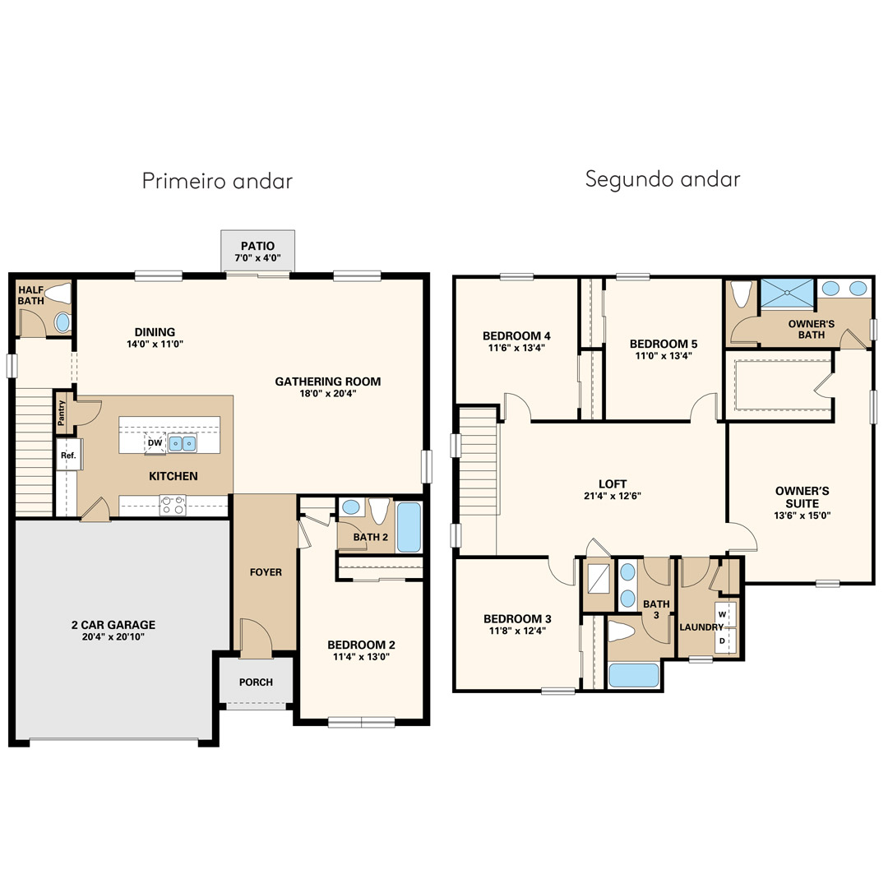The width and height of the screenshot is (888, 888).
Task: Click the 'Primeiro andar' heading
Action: click(x=217, y=181)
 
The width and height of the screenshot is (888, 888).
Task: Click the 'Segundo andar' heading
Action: click(x=663, y=179)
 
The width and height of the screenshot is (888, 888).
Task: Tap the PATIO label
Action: click(x=257, y=246)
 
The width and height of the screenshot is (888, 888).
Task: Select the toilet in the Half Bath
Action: click(x=58, y=294)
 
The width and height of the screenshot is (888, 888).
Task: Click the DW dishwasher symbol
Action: click(x=155, y=443)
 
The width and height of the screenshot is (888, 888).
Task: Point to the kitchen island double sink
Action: click(x=183, y=443)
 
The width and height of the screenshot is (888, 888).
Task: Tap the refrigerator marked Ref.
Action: click(x=69, y=454)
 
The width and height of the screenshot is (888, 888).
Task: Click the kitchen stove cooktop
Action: click(x=173, y=505)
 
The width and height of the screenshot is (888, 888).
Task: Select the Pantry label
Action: click(x=62, y=413)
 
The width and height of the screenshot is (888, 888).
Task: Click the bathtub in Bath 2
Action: click(x=409, y=527)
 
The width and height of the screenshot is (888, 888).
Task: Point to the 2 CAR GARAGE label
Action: click(x=113, y=625)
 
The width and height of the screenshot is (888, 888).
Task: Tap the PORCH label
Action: click(x=256, y=682)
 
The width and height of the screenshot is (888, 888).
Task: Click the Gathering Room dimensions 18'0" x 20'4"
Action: click(x=328, y=394)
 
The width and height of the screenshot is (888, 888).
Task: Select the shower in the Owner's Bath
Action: click(x=787, y=294)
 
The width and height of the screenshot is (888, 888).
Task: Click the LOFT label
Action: click(x=613, y=483)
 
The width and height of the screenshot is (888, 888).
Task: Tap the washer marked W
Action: click(x=723, y=614)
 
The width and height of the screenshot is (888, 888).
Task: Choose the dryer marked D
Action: click(x=723, y=641)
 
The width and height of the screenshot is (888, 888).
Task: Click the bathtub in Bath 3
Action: click(x=634, y=674)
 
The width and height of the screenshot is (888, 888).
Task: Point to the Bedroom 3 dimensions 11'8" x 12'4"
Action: click(x=517, y=631)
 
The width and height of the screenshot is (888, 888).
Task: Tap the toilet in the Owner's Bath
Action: click(x=742, y=294)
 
